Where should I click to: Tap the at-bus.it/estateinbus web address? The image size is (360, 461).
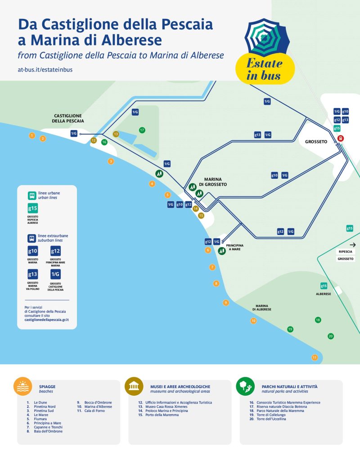pyautogui.click(x=45, y=70)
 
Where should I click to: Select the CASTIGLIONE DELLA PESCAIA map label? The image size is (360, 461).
pyautogui.click(x=68, y=118)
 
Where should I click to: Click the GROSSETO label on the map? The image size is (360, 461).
pyautogui.click(x=316, y=141)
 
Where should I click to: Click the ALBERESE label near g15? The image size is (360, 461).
pyautogui.click(x=323, y=294)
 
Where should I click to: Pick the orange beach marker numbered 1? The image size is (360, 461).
pyautogui.click(x=31, y=135)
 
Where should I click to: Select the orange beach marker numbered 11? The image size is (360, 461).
pyautogui.click(x=315, y=357)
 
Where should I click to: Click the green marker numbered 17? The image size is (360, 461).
pyautogui.click(x=142, y=130)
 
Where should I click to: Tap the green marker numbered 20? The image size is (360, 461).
pyautogui.click(x=331, y=336)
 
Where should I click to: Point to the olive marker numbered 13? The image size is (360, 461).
pyautogui.click(x=116, y=134)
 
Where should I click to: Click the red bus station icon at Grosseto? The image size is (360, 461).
pyautogui.click(x=341, y=138)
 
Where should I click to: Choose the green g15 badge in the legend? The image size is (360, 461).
pyautogui.click(x=33, y=208)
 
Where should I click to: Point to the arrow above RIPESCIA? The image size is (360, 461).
pyautogui.click(x=352, y=244)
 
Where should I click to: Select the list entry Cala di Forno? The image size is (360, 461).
pyautogui.click(x=94, y=411)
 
